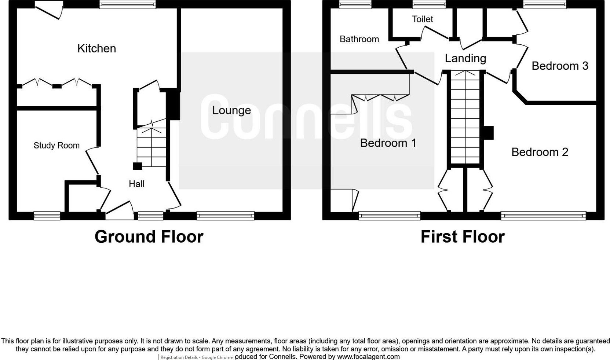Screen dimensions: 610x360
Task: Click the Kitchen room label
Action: tap(97, 48)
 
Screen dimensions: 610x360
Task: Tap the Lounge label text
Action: tap(231, 110)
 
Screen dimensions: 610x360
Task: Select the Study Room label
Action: tap(56, 146)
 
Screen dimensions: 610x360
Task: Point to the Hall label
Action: tap(137, 184)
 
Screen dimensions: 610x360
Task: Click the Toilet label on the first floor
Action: tap(422, 19)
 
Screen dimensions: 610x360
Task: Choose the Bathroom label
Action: tap(359, 39)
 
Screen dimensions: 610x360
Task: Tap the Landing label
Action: tap(465, 58)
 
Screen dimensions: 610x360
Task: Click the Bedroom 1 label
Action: tap(388, 143)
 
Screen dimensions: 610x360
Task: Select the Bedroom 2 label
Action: tap(540, 152)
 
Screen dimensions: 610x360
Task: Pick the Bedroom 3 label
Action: tap(560, 66)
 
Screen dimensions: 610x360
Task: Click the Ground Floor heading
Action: tap(149, 237)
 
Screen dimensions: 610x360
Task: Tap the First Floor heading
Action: tap(463, 237)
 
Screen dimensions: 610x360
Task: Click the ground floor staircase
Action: tap(151, 147)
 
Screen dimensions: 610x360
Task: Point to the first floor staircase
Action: tap(465, 117)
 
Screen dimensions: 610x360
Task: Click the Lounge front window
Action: tap(226, 216)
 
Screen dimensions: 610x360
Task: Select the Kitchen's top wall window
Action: tap(127, 4)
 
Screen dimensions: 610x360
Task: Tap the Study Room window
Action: tap(47, 216)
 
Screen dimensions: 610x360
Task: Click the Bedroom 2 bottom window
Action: tap(543, 216)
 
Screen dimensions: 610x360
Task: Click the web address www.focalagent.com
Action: tap(368, 356)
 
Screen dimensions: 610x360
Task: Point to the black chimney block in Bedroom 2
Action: tap(489, 133)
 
